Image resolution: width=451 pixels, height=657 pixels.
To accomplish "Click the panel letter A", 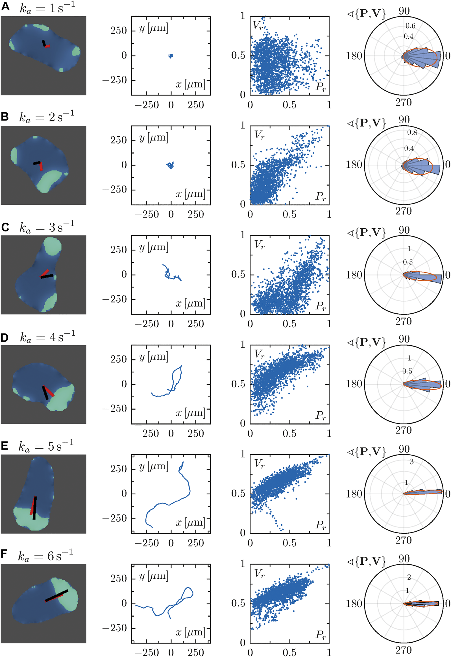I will coord(5,6).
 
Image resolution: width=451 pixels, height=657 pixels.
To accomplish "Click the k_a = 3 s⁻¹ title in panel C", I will coord(47,227).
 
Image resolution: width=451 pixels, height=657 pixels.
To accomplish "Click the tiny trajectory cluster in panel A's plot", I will coord(171,56).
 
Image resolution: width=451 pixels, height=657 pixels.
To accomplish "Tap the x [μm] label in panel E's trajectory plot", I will coord(190,523).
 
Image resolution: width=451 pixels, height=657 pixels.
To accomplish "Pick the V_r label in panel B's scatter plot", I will coord(259,135).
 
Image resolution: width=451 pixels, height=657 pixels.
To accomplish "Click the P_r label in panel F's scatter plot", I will coord(321,635).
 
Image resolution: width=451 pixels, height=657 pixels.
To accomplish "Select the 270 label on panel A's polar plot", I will coord(403,102).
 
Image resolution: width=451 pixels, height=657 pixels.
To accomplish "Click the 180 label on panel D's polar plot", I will coord(354,384).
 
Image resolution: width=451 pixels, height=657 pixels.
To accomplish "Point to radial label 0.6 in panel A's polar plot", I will coord(410,26).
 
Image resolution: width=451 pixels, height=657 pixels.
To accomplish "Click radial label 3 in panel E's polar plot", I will coord(411,462).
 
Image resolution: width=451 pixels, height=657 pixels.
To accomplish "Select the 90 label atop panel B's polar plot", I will coord(404,120).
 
